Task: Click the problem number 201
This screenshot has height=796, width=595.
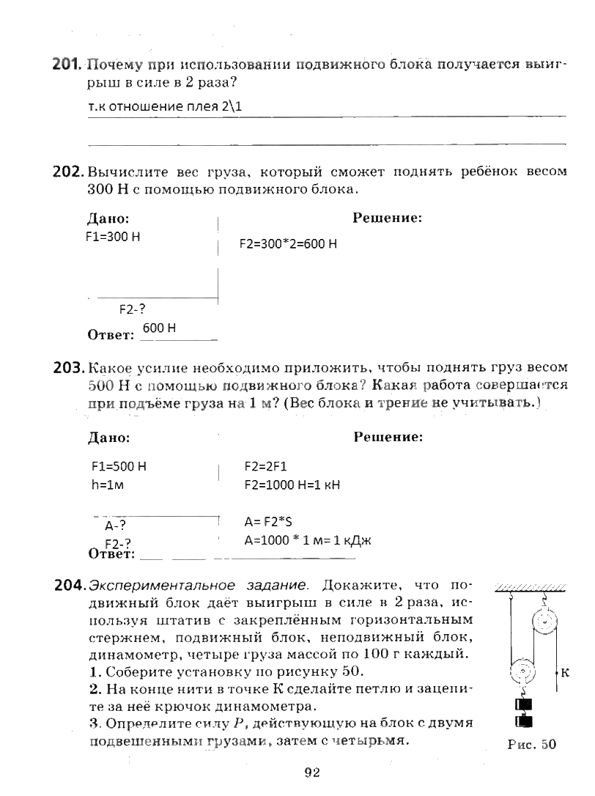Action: coord(66,65)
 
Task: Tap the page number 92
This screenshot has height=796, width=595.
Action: coord(311,772)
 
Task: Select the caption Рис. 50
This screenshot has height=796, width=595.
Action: coord(531,745)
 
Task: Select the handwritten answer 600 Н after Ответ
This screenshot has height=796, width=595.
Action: coord(159,328)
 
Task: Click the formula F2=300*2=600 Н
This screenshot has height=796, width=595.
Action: coord(288,244)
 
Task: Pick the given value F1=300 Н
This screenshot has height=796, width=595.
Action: coord(113,237)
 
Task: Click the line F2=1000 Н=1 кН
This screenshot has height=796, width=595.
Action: coord(292,484)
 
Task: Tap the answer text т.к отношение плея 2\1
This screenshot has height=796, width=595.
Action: coord(164,107)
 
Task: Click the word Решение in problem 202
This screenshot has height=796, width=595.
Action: coord(387,218)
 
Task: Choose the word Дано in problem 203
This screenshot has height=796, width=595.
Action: coord(108,438)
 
